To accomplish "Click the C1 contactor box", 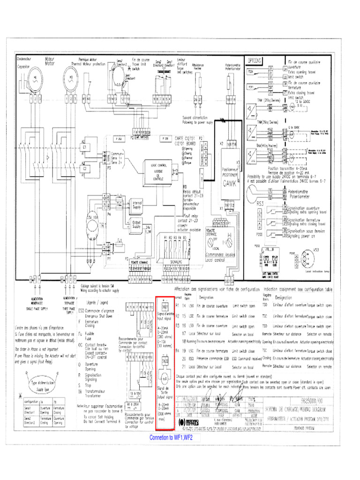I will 85,148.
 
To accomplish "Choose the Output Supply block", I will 136,226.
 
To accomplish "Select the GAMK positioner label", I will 231,183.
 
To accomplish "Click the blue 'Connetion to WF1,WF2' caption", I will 171,438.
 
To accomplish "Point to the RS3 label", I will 261,203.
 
